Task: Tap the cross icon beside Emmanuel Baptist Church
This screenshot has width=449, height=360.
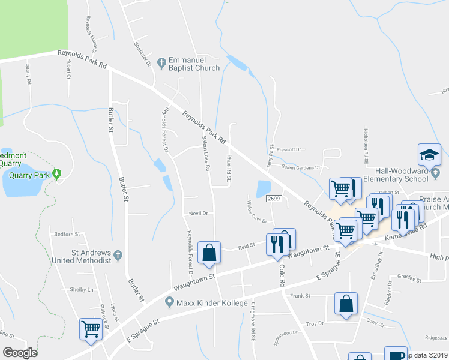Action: click(161, 63)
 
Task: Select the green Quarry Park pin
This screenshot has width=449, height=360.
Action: click(57, 175)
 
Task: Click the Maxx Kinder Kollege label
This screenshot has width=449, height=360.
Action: click(212, 303)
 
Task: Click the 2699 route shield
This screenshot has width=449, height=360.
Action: click(273, 199)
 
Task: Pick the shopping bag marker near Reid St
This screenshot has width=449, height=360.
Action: click(209, 253)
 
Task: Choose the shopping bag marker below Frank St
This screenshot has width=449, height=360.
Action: click(346, 304)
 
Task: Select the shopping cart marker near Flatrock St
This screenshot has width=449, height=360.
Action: click(90, 329)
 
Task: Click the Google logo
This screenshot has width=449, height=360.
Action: click(20, 353)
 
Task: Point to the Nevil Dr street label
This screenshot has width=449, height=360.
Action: click(198, 213)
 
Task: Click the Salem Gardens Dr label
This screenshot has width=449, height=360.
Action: click(303, 167)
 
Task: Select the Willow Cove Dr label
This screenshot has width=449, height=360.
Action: click(257, 217)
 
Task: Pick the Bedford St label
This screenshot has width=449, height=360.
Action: click(67, 234)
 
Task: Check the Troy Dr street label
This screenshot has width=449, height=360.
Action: click(315, 323)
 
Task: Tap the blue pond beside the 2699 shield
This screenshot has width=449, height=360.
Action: click(263, 188)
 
